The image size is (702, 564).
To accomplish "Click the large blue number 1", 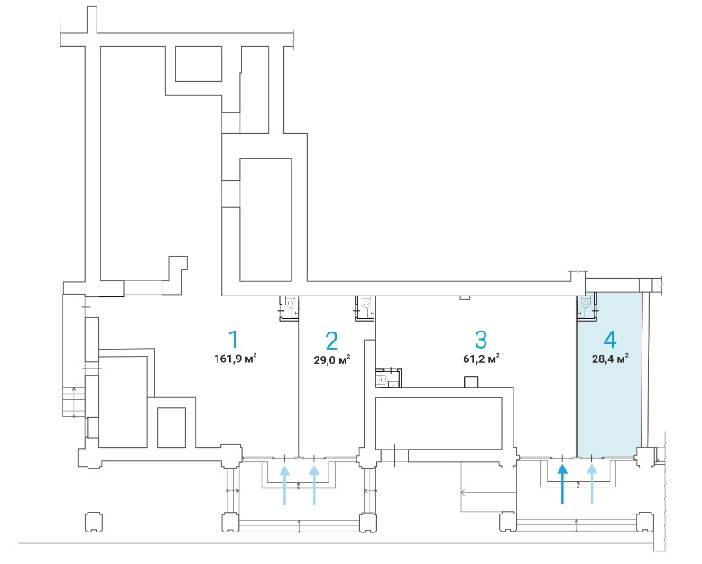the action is [234, 339].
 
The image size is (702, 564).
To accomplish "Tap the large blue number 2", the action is [332, 341].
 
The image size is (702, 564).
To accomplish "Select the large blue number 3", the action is [480, 340].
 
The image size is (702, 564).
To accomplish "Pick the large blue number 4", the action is [610, 340].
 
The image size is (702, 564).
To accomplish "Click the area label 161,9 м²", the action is [236, 359].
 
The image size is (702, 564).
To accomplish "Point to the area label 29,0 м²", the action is [332, 359].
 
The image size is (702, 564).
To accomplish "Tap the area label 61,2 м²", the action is [481, 359].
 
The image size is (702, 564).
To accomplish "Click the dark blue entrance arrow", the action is [562, 484].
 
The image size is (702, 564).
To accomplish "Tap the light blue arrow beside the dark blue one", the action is [592, 484].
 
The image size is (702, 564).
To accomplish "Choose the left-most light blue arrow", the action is [284, 486].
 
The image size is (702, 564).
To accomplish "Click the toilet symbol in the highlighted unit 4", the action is [586, 304].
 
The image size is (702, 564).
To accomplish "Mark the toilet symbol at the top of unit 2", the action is [365, 304].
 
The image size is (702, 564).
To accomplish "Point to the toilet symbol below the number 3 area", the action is [383, 380].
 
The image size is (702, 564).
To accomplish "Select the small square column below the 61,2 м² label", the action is [470, 381].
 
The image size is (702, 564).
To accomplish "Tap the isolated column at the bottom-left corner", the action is [93, 522].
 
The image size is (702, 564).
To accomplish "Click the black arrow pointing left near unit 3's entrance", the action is [489, 493].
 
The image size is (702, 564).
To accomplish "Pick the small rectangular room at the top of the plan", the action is [199, 63].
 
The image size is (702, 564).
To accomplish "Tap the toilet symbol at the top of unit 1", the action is [291, 304].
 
